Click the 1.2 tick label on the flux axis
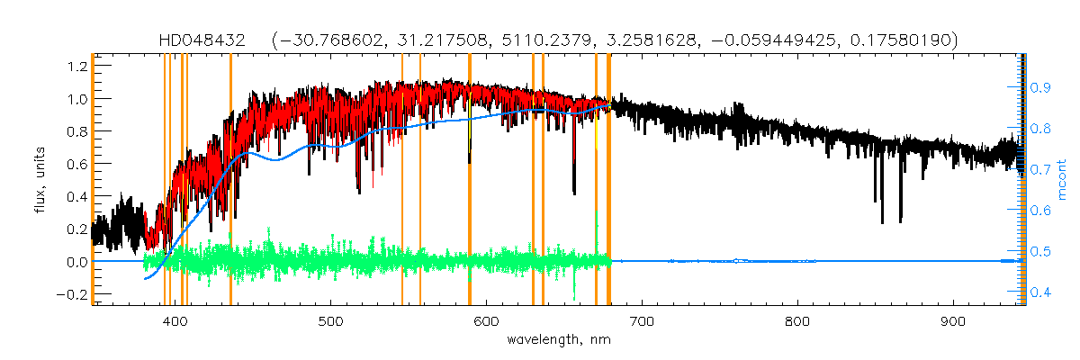click(76, 66)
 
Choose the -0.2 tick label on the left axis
click(72, 294)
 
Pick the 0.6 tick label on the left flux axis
click(76, 164)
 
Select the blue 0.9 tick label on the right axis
click(1040, 87)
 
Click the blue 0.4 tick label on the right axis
click(1040, 292)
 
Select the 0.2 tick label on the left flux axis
click(76, 229)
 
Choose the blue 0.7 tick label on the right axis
click(1040, 169)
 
